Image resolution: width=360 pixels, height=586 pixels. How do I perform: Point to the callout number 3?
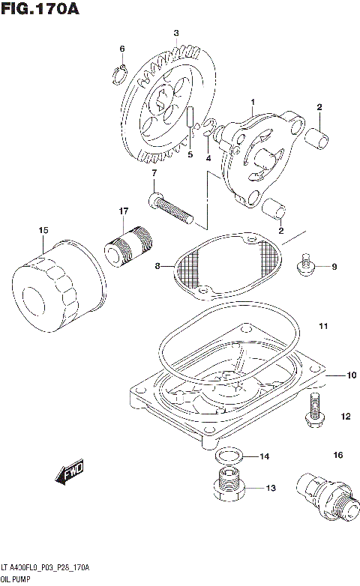pos(176,33)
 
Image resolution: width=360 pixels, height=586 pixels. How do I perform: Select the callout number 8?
pos(158,265)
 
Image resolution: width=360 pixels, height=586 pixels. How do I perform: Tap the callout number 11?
pos(323,326)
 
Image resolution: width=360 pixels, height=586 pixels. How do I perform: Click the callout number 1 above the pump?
pos(253,102)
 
